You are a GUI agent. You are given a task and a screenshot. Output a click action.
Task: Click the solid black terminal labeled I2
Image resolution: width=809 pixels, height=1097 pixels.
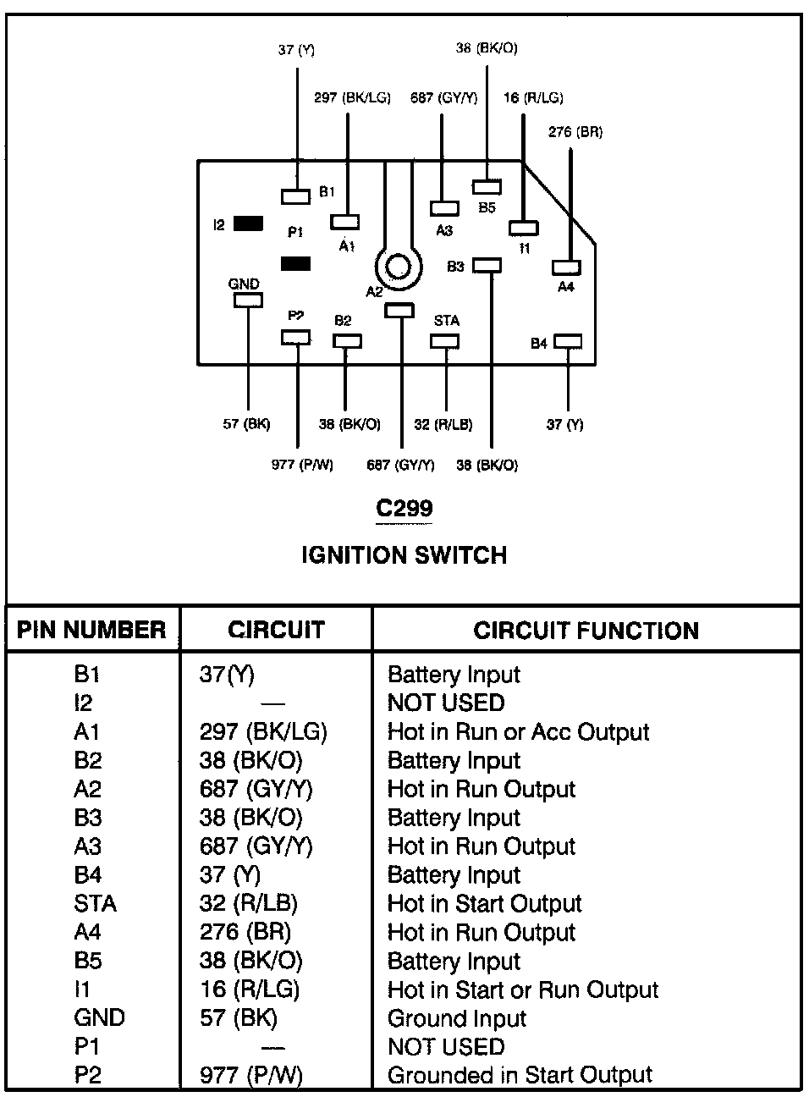point(248,224)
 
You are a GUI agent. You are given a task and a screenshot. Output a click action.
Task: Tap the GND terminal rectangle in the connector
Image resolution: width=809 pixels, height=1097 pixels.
point(248,300)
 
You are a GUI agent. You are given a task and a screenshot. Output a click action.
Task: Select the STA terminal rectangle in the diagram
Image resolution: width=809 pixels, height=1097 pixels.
point(445,341)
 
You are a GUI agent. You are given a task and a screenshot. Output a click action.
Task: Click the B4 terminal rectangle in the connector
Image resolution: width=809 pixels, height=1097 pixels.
point(568,342)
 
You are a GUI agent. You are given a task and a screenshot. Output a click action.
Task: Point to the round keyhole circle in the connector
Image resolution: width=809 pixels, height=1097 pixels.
point(399,268)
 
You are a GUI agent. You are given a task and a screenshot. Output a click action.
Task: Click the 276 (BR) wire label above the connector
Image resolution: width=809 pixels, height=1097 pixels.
point(575,132)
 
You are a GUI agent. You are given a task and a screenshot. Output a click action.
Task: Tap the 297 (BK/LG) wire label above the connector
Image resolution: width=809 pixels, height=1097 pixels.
point(352,98)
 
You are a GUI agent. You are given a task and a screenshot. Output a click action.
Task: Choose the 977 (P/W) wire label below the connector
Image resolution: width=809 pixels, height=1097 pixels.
point(302,465)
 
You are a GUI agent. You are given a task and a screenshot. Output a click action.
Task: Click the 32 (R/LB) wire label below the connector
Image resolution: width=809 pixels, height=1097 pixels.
point(443,424)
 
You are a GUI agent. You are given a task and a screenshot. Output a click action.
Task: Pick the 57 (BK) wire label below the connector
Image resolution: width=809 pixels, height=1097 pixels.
point(246,424)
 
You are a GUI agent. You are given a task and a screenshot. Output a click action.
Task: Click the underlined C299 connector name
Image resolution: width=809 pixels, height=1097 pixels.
point(404,509)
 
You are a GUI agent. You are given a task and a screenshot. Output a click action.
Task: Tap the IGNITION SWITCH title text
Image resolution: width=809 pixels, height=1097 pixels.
point(404,555)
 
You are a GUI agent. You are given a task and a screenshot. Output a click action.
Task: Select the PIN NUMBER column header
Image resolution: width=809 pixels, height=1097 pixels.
point(91,631)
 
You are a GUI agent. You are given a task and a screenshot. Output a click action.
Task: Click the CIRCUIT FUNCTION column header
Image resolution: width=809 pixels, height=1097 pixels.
point(586,631)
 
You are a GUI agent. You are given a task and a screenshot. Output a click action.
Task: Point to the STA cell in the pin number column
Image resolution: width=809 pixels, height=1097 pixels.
point(95,904)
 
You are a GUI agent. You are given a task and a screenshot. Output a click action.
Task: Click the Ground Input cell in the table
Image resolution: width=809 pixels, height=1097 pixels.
point(457,1018)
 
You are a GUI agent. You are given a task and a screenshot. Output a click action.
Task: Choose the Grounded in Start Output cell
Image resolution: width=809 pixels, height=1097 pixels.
point(520,1076)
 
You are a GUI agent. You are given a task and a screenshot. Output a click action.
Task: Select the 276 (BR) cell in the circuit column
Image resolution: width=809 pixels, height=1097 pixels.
point(245,933)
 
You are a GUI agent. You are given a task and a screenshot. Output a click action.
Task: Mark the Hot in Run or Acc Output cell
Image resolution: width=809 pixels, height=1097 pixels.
point(518,732)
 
